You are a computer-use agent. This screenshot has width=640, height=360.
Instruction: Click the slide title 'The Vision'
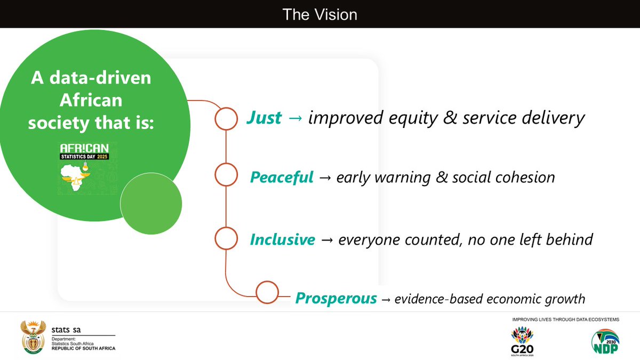tap(319, 14)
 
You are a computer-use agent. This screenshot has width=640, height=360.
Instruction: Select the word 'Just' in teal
tap(263, 118)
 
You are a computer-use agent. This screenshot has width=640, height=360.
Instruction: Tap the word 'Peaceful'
tap(282, 177)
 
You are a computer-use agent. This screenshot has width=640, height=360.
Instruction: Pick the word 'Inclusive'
tap(282, 240)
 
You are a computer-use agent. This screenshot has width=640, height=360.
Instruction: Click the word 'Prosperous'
tap(336, 299)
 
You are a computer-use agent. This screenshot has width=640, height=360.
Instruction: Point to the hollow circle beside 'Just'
tap(226, 119)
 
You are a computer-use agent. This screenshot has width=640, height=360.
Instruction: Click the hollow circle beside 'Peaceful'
tap(226, 174)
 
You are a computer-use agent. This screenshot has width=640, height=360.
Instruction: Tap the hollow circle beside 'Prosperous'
tap(267, 292)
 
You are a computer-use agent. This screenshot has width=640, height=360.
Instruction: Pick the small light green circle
tap(151, 204)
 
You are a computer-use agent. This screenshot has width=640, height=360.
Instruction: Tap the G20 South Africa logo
tap(522, 342)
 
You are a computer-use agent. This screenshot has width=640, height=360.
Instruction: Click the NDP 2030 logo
tap(606, 342)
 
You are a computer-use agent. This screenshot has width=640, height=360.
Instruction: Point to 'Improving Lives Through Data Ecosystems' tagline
tap(565, 319)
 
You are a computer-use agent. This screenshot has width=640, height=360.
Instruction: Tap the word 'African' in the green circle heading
tap(91, 100)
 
